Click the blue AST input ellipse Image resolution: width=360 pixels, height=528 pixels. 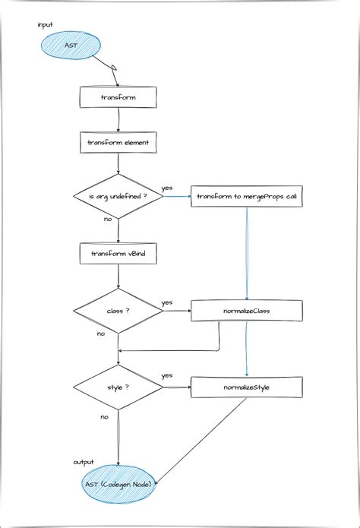click(71, 46)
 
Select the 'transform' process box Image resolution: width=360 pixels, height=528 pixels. click(118, 97)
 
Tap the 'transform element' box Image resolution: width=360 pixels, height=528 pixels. click(118, 142)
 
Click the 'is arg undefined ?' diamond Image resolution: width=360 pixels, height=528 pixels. click(118, 197)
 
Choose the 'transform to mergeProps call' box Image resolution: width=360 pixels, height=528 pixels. click(246, 197)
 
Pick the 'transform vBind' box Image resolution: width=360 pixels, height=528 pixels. click(118, 254)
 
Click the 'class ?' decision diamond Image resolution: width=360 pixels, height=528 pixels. click(118, 311)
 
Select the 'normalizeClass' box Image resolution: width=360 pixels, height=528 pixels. click(246, 311)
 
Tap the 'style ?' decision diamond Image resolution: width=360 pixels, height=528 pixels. click(118, 387)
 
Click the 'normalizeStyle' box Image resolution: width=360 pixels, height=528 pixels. click(246, 387)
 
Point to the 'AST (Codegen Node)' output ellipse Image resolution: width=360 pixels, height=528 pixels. click(119, 484)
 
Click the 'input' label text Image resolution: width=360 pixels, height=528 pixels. click(46, 25)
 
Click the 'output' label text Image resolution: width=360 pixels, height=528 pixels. click(84, 462)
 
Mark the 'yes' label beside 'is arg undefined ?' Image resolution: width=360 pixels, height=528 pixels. click(166, 188)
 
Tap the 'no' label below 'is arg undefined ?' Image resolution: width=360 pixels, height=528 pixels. click(108, 219)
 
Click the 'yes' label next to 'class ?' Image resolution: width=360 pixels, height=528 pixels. click(166, 302)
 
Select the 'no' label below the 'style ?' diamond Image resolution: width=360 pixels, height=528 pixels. click(104, 416)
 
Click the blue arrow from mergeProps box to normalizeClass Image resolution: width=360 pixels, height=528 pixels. click(246, 251)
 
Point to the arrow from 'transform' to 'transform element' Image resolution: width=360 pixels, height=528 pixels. click(118, 119)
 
